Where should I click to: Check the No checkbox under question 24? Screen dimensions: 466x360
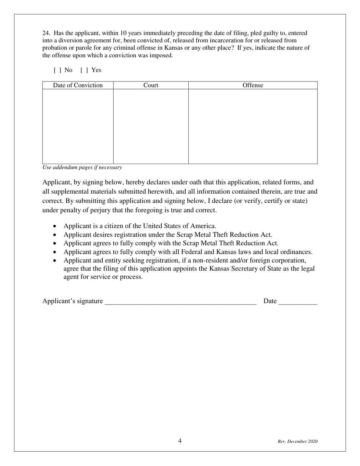click(x=58, y=70)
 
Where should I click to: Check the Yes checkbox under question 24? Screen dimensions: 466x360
click(x=84, y=70)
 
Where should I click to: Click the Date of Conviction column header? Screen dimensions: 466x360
click(x=78, y=85)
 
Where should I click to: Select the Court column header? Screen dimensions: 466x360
click(x=151, y=85)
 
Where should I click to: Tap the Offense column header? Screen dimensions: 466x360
click(x=253, y=85)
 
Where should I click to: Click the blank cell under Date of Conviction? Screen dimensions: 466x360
click(x=78, y=126)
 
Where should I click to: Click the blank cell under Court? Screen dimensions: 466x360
click(x=151, y=126)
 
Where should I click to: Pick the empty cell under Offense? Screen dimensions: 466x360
click(x=253, y=126)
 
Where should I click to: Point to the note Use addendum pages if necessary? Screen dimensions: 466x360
click(x=82, y=167)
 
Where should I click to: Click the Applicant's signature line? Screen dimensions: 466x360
click(x=180, y=302)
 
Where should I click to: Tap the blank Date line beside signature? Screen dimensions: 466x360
click(x=298, y=302)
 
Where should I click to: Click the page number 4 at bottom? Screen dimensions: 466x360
click(x=180, y=441)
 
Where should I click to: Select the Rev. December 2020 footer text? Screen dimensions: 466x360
click(x=297, y=441)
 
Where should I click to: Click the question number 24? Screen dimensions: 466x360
click(x=45, y=33)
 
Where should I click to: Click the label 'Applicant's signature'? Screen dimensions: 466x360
click(x=72, y=301)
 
